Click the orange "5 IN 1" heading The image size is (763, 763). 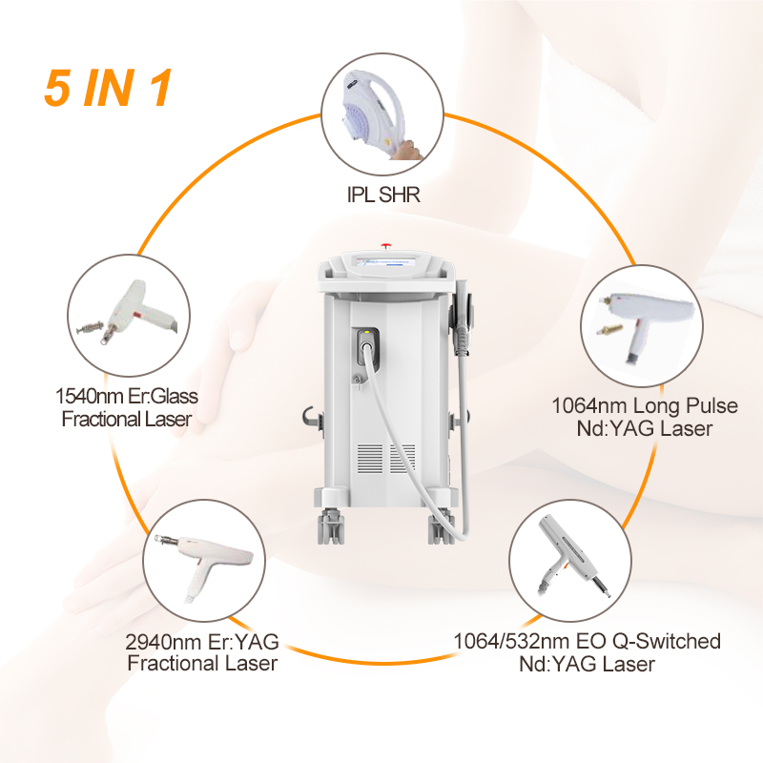tap(108, 88)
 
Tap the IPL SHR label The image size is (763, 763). tap(383, 195)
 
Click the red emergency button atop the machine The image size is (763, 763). tap(386, 245)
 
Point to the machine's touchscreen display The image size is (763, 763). tap(386, 261)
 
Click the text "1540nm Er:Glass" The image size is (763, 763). tap(127, 396)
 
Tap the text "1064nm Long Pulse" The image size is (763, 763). tap(645, 406)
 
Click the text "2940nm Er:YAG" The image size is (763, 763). tap(202, 642)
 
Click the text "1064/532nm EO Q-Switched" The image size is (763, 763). tap(587, 641)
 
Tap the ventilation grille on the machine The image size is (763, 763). tap(386, 458)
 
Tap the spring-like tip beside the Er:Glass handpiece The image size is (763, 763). tap(90, 327)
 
